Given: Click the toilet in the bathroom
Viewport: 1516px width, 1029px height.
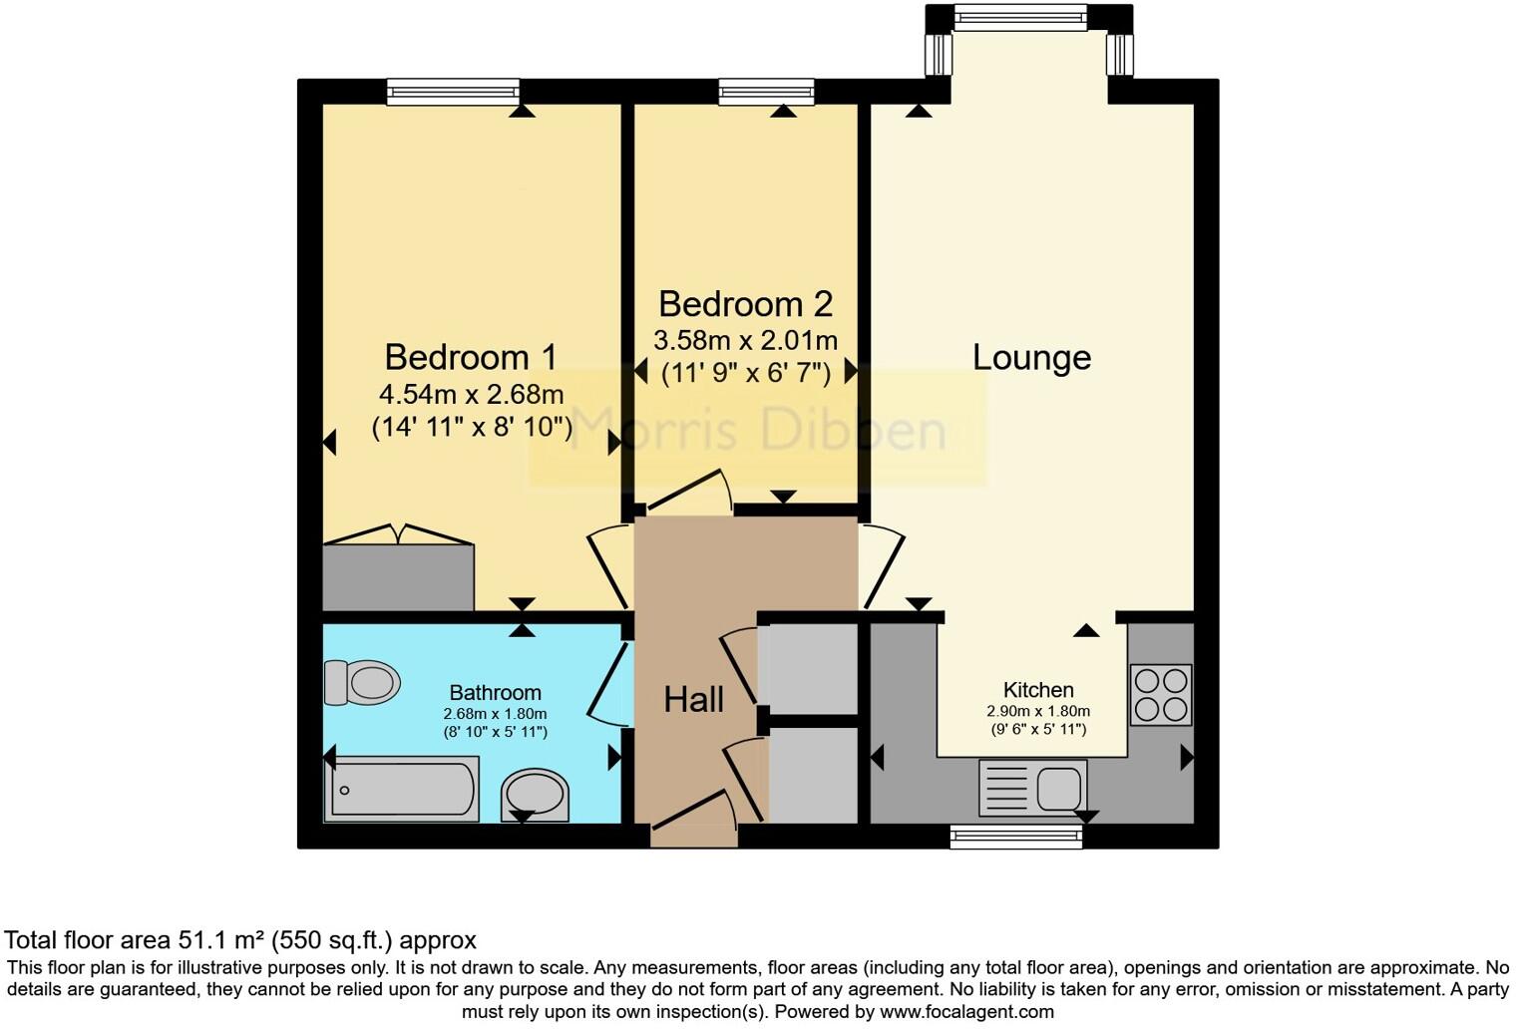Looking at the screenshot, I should coord(363,683).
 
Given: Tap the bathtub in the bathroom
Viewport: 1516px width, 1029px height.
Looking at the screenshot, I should coord(401,789).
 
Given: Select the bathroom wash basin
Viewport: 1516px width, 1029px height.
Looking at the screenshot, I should coord(535,796).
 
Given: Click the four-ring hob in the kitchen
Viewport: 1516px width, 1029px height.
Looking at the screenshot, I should coord(1161,694).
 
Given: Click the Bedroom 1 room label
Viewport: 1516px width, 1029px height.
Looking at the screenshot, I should coord(471,357).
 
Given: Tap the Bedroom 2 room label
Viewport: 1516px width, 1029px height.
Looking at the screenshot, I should coord(745,303).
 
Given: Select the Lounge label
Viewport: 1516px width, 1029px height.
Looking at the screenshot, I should coord(1031,357).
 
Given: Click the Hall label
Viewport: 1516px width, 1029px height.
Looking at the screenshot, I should coord(693,699).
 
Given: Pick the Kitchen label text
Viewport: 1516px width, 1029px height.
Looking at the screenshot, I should coord(1038,690).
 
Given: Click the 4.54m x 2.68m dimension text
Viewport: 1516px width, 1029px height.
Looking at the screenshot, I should coord(472,394).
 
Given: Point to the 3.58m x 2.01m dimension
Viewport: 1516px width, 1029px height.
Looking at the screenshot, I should coord(745,340).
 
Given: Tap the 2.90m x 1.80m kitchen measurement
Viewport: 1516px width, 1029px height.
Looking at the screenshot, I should coord(1038,712).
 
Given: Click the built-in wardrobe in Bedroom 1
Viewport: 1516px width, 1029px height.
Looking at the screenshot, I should coord(398,576).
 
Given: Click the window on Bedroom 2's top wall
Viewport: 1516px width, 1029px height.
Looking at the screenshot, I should coord(766,92).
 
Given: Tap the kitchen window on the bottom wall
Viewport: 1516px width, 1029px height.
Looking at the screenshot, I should coord(1015,838).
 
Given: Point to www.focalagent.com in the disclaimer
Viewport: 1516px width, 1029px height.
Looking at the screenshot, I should coord(965,1011).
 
